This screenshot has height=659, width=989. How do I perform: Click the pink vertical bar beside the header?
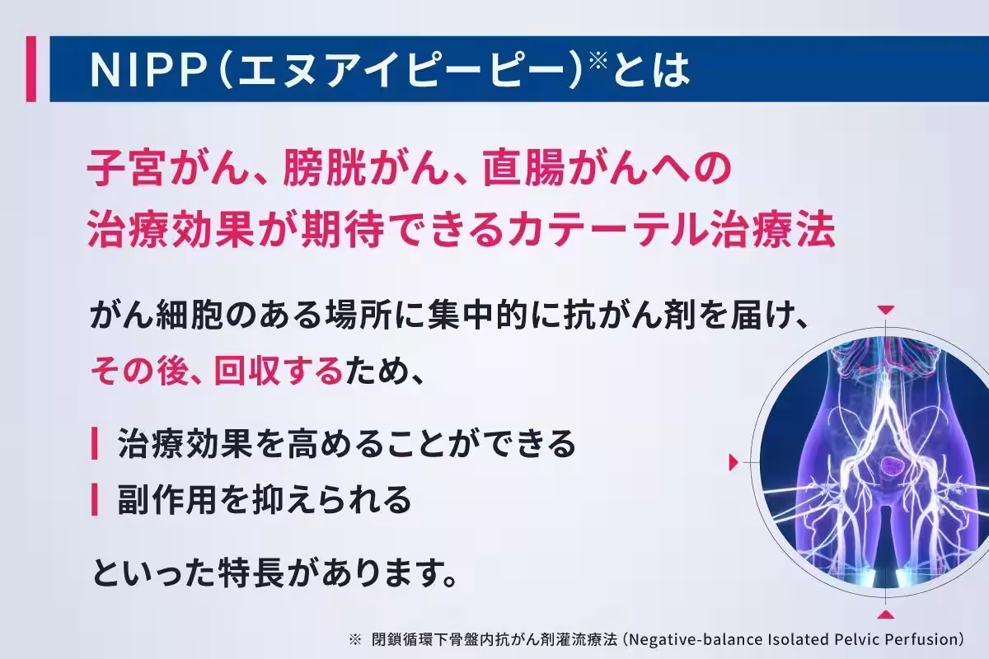coord(30,69)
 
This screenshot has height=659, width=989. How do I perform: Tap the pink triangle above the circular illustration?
coord(885,309)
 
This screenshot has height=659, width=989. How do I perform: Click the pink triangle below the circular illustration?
coord(885,615)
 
